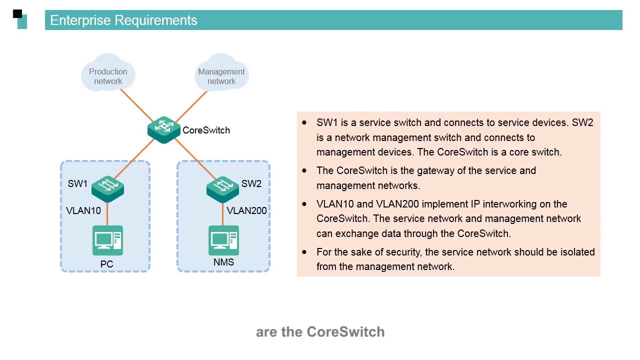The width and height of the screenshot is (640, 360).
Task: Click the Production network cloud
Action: [x=108, y=73]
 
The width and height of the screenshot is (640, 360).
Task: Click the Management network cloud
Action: [x=221, y=73]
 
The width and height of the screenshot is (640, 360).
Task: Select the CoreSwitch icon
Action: [x=164, y=129]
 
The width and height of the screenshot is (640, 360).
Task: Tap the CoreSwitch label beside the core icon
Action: [x=206, y=130]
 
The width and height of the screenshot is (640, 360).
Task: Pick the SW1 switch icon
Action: [x=107, y=187]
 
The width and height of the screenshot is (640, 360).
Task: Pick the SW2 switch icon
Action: [x=222, y=188]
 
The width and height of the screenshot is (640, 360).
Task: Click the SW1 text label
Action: [x=77, y=184]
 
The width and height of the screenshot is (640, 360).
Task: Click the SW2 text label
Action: [x=251, y=184]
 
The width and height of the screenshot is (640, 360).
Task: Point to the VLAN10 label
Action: [x=83, y=211]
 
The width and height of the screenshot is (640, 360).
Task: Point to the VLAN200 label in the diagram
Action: [x=246, y=211]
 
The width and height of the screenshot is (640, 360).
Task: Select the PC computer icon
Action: [x=107, y=240]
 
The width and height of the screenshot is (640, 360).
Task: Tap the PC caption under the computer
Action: [x=107, y=264]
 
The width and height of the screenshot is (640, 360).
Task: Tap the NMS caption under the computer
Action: [x=223, y=262]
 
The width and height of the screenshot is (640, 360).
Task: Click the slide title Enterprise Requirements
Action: [x=123, y=20]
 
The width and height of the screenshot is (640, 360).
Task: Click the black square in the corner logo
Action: [x=17, y=14]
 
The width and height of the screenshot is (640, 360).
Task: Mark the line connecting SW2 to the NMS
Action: [x=223, y=214]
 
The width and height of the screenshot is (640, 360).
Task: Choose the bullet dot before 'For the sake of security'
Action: [x=304, y=252]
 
